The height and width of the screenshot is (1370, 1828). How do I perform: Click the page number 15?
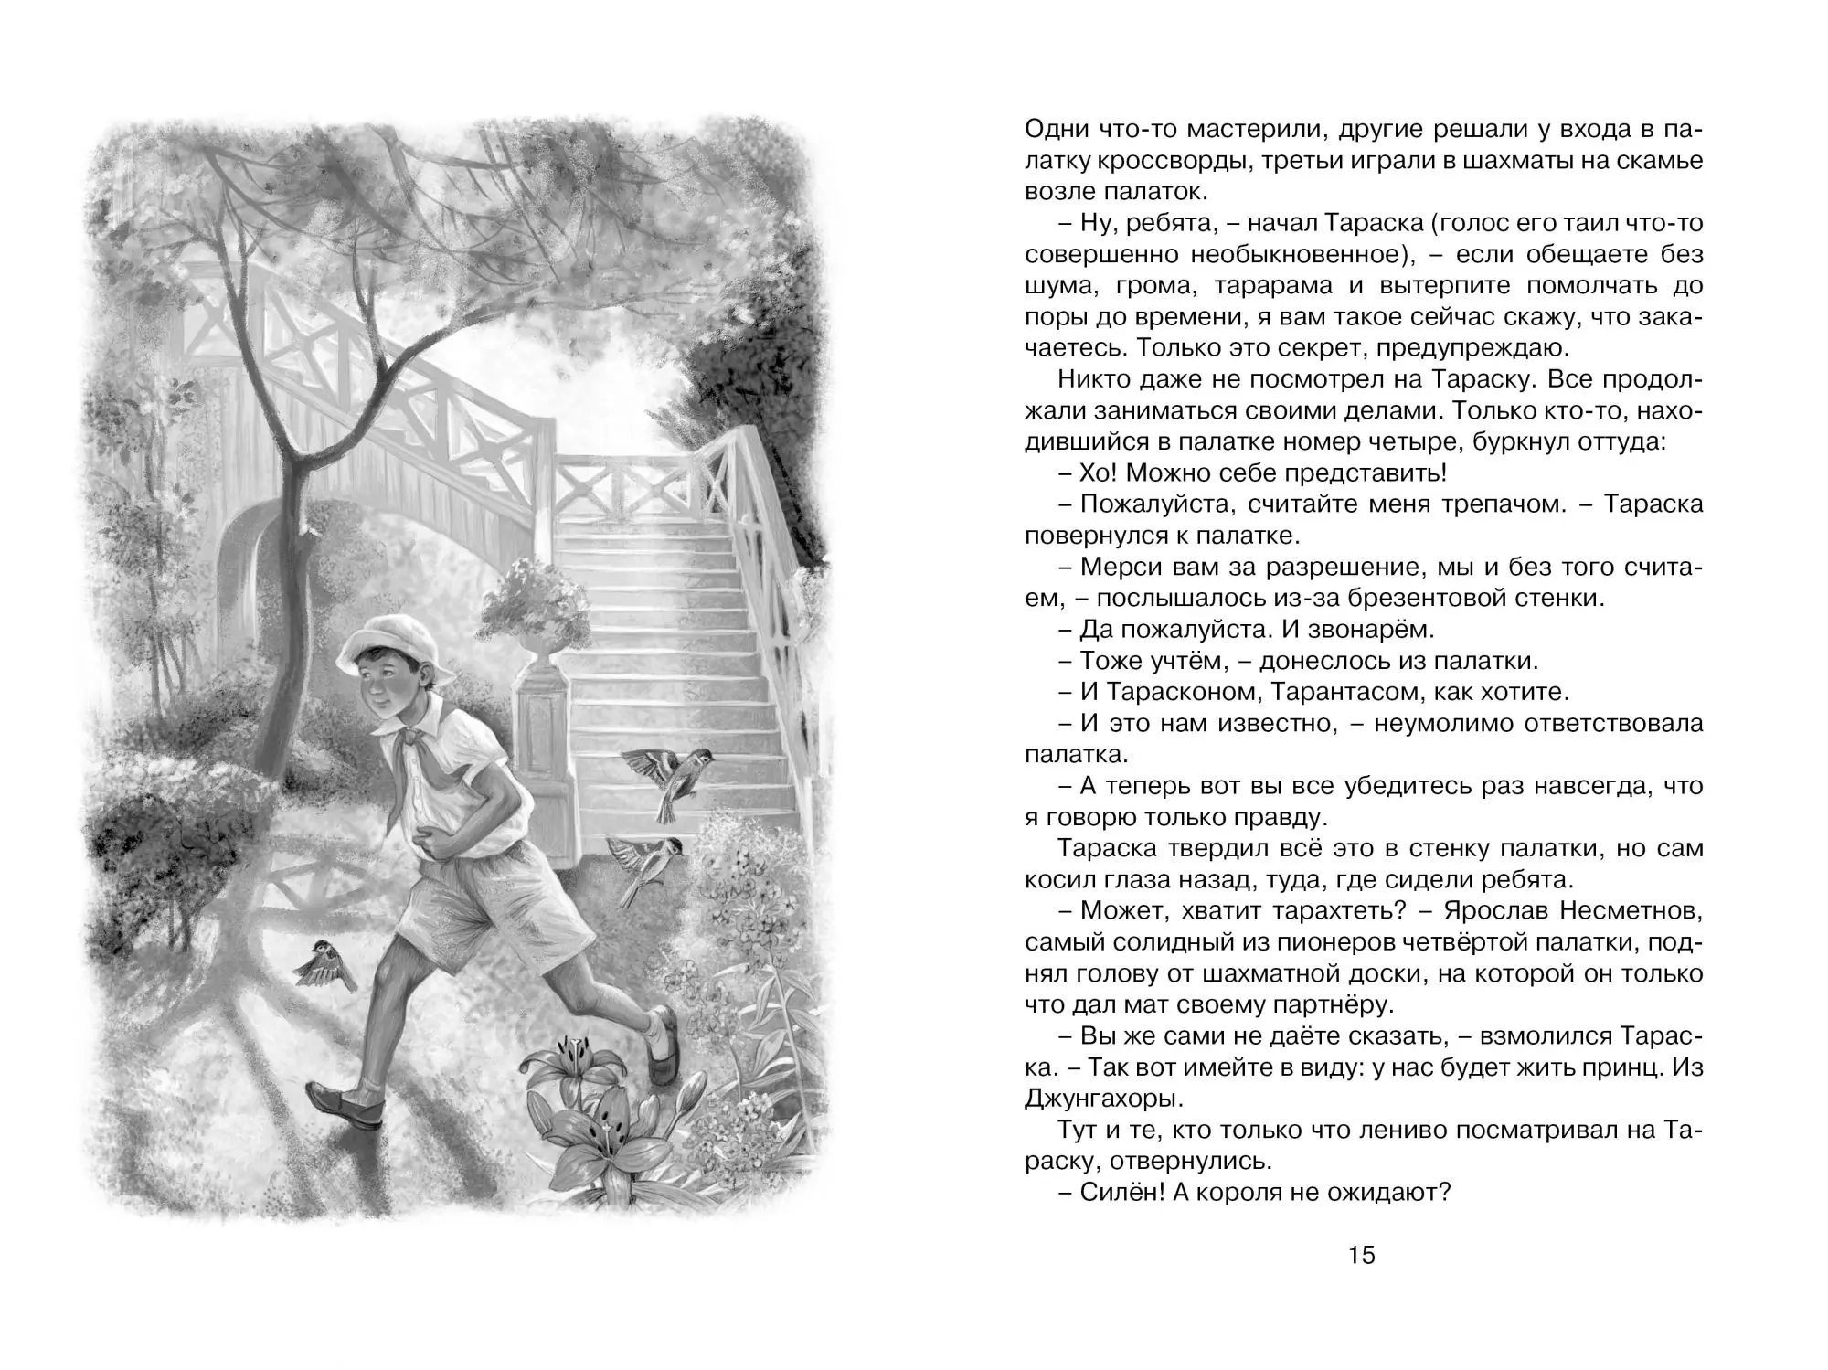[x=1361, y=1256]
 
